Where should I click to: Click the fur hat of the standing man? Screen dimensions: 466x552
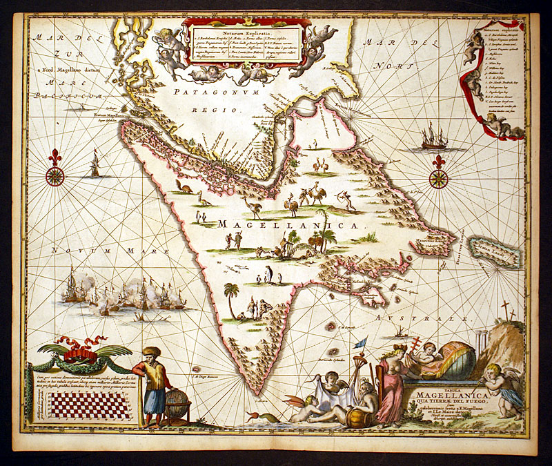(x=152, y=351)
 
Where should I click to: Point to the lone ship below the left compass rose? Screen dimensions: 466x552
(x=95, y=164)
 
